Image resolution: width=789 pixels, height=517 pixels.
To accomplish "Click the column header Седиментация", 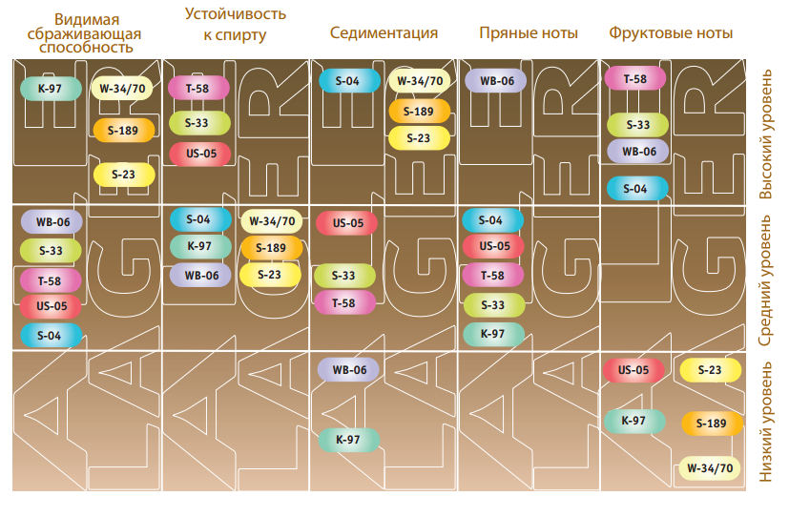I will coord(384,33).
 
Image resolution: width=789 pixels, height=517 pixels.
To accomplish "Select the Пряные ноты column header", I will coord(528,33).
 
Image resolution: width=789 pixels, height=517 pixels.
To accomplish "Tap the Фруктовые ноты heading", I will coord(671,33).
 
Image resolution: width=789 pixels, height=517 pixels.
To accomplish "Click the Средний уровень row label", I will coord(766,279).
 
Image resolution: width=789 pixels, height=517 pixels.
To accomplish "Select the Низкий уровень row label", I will coord(766,420).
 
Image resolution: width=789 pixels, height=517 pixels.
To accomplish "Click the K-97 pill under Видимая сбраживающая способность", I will coord(51,90).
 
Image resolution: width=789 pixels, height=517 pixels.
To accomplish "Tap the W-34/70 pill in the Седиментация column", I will coord(420,81).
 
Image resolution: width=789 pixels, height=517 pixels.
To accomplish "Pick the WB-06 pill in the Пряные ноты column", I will coord(496,81).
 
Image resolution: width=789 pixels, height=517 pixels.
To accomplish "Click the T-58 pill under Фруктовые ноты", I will coord(634,78).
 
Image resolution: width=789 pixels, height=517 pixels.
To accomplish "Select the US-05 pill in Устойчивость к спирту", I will coord(200,154).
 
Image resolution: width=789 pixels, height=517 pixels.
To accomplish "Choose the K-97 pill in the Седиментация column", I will coord(348,440).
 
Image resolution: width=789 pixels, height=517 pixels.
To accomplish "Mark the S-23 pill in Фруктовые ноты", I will coord(710,370).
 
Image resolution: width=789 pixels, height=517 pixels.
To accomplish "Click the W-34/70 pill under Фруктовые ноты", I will coord(710,468).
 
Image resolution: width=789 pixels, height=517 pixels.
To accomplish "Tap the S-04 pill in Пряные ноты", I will coord(492,220).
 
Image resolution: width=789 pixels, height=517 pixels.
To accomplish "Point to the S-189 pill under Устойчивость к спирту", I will coord(271,248).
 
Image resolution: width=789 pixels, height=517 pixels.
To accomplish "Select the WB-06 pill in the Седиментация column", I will coord(348,370).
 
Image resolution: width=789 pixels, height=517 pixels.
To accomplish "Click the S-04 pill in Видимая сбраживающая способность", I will coord(51,336).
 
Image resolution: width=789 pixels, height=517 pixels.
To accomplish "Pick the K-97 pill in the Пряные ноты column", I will coord(492,334).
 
